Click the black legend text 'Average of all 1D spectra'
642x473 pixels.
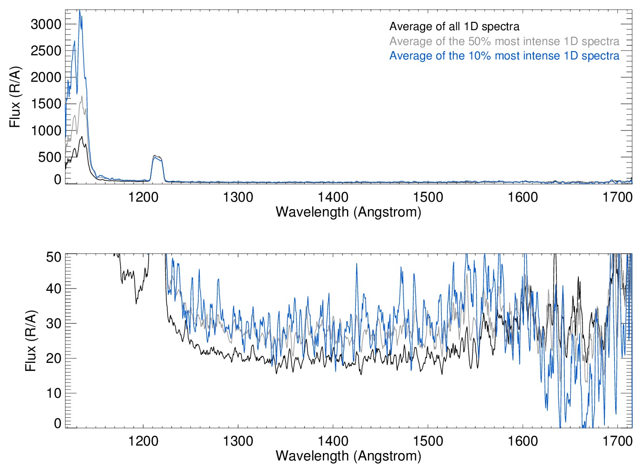(x=454, y=26)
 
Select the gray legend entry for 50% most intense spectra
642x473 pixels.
(x=504, y=41)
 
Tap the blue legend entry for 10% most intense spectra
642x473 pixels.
(x=504, y=56)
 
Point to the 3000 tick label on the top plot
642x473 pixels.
(x=46, y=24)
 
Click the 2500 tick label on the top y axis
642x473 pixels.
(x=46, y=51)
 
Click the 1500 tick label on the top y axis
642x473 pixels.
(x=46, y=104)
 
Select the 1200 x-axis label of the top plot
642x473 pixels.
(x=143, y=197)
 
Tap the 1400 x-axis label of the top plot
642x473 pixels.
(x=333, y=197)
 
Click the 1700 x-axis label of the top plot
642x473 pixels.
(x=617, y=197)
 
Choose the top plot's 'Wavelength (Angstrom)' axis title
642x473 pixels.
(x=348, y=212)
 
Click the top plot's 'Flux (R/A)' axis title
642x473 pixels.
(x=15, y=97)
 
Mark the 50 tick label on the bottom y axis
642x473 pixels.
(x=54, y=257)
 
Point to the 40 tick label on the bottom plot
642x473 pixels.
(x=54, y=289)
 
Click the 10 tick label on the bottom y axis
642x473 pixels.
(x=54, y=393)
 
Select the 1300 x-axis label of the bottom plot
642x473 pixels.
(x=238, y=440)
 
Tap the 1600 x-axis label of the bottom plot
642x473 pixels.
(x=523, y=440)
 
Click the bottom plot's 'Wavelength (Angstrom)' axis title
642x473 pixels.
(x=348, y=456)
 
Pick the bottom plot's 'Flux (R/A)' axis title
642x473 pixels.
(x=31, y=341)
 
